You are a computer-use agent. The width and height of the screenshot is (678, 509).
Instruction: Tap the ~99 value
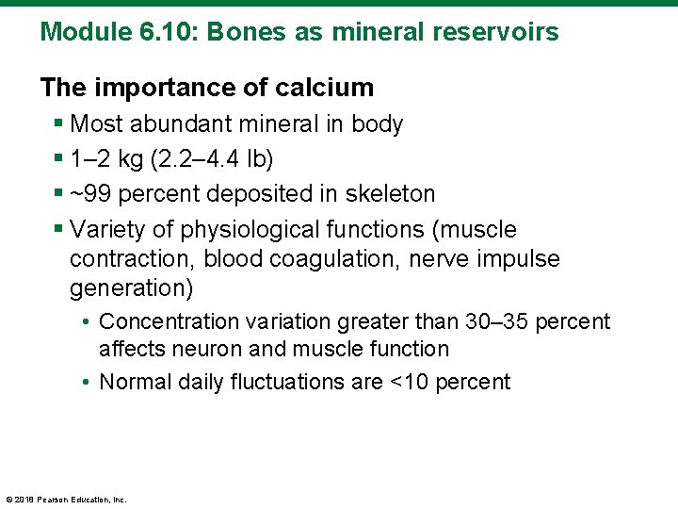pos(90,194)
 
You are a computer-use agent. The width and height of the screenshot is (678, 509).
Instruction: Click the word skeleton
pos(392,194)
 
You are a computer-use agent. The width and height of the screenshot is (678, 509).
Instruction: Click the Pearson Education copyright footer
pos(66,499)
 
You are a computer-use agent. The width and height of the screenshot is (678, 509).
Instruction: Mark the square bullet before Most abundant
pos(59,124)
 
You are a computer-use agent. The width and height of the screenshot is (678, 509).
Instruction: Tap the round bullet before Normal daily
pos(86,382)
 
